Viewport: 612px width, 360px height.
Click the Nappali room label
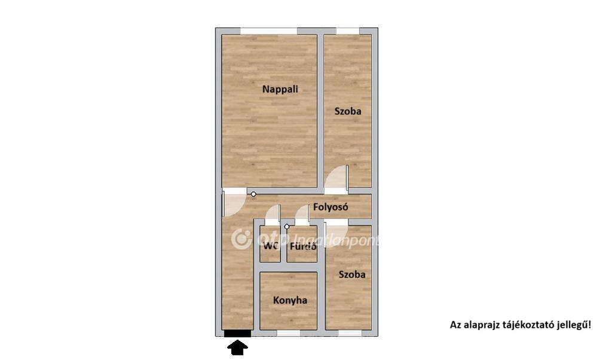click(x=280, y=90)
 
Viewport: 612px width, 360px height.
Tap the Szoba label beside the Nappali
click(x=348, y=111)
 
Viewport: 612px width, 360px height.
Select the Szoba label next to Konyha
click(x=352, y=274)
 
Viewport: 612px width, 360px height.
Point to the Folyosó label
click(x=331, y=207)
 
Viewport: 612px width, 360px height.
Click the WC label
click(x=270, y=246)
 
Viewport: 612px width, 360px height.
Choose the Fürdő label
click(x=302, y=246)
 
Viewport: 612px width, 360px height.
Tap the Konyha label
click(x=290, y=301)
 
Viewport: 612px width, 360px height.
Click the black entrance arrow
click(x=237, y=347)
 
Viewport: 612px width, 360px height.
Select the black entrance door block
click(x=237, y=333)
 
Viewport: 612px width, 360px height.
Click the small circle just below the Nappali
click(x=253, y=194)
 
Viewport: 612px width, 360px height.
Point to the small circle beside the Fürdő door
click(x=287, y=227)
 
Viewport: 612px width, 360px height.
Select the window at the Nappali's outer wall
click(x=268, y=31)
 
